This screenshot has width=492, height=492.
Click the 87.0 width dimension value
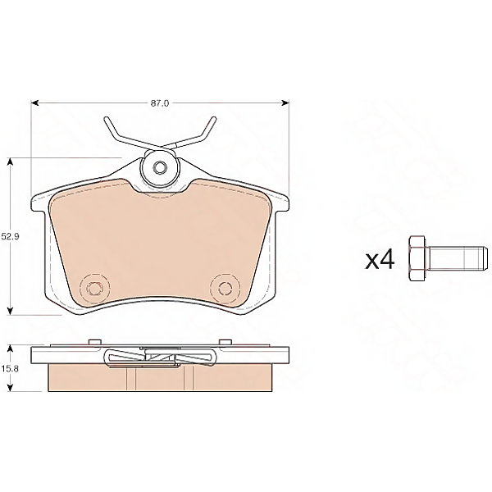(160, 103)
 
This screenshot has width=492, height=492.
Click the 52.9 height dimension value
(10, 236)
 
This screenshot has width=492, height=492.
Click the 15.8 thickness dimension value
(10, 369)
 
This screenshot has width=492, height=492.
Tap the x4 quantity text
(380, 260)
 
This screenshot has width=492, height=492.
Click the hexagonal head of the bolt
(417, 259)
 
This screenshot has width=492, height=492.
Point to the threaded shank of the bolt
(458, 259)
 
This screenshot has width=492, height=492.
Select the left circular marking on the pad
(94, 288)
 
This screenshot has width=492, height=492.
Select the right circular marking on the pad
(225, 288)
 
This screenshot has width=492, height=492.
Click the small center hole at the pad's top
(160, 167)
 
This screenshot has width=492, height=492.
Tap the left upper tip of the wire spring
(106, 118)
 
